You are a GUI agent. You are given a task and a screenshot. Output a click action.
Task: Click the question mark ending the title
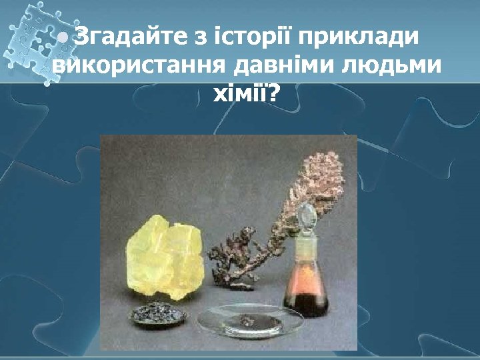point(273,97)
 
